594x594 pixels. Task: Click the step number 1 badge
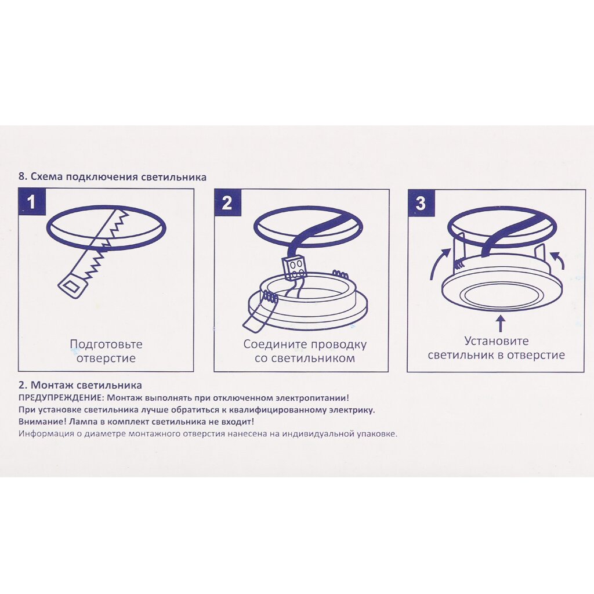(x=32, y=202)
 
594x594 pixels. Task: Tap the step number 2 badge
(x=227, y=202)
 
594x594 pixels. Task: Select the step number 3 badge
(x=421, y=202)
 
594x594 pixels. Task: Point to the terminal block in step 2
(x=295, y=268)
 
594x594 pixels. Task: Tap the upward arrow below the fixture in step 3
(x=501, y=325)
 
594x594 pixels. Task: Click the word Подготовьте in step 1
(x=106, y=345)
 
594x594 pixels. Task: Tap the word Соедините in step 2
(x=275, y=345)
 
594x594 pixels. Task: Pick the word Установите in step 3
(x=497, y=341)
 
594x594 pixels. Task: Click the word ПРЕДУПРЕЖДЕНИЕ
(x=60, y=399)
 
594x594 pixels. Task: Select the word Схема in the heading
(x=43, y=177)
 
